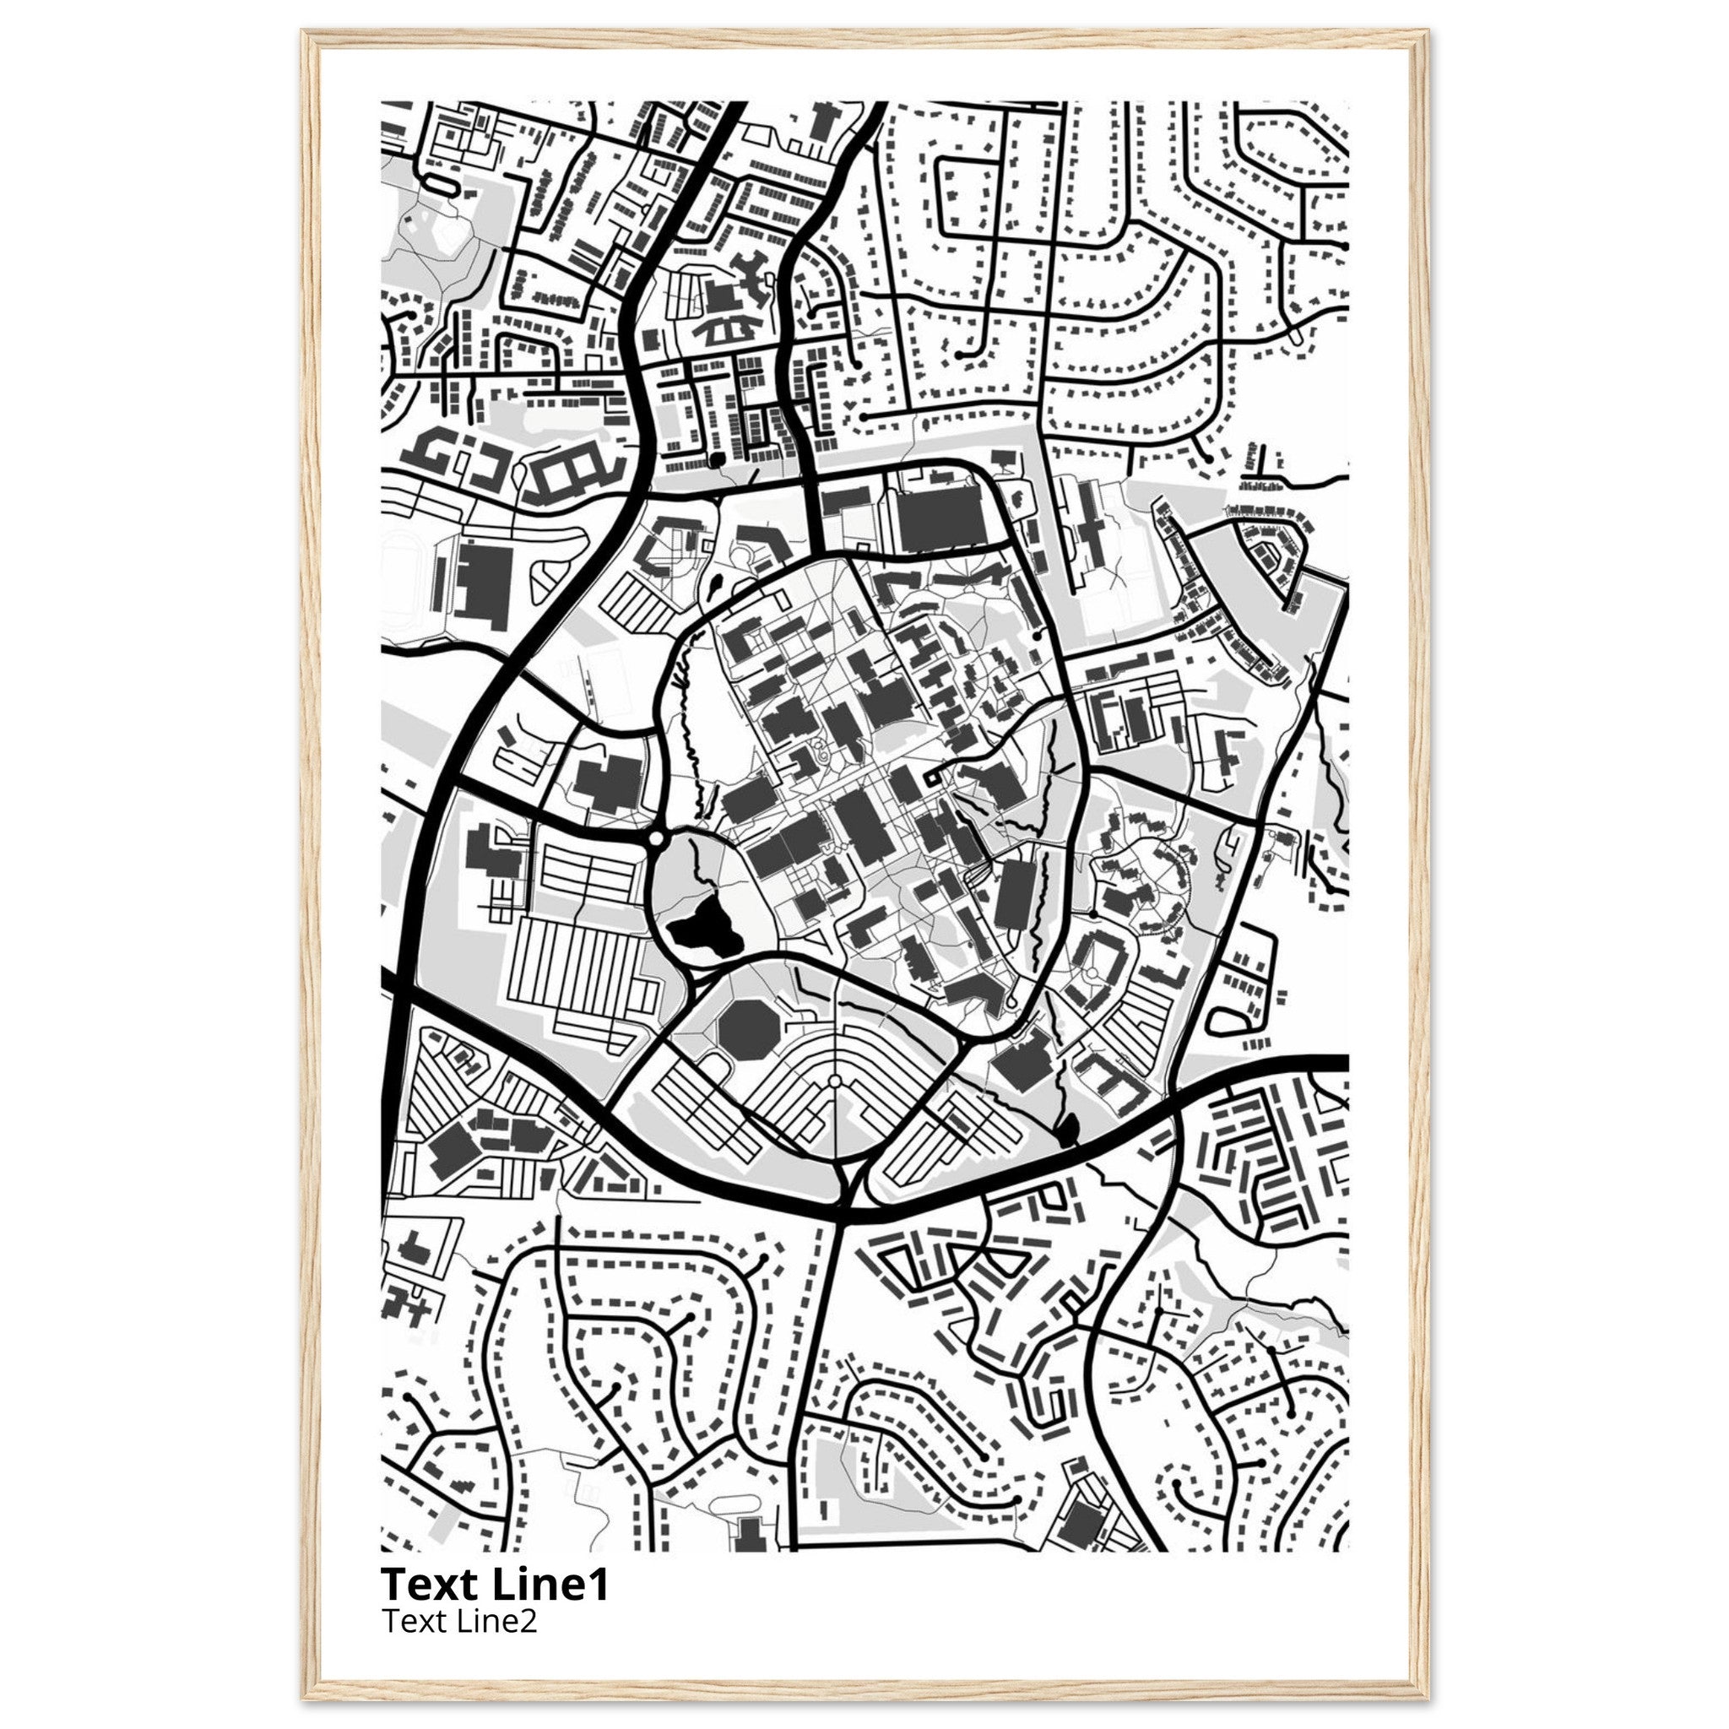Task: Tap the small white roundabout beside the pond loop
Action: coord(656,838)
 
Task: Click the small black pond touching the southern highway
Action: coord(1067,1131)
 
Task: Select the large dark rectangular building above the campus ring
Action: coord(940,518)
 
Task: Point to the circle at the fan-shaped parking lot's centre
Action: coord(834,1082)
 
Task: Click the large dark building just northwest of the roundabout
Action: coord(609,784)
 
